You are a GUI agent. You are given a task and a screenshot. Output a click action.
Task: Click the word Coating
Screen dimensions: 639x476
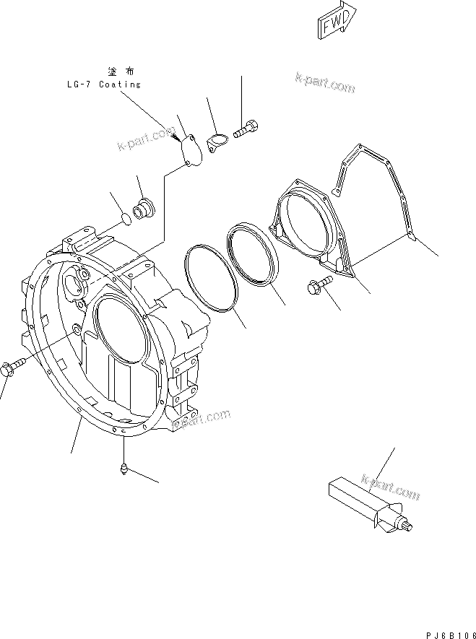[x=119, y=84]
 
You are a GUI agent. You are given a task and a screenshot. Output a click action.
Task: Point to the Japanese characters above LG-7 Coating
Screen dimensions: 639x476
[x=121, y=71]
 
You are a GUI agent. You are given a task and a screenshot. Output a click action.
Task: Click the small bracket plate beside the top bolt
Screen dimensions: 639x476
[x=217, y=142]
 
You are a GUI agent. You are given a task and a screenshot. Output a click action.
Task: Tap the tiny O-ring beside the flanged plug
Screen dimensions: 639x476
[x=125, y=216]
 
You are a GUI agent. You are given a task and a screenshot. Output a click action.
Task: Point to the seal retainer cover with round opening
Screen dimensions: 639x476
[x=311, y=223]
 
